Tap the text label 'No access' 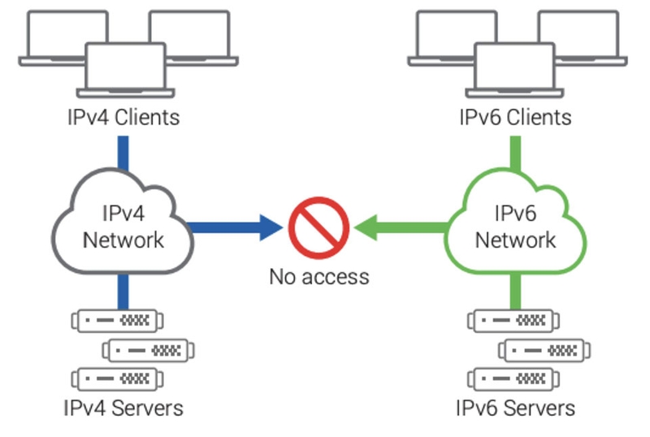(x=318, y=276)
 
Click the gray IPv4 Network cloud (x=123, y=227)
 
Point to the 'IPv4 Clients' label (x=123, y=117)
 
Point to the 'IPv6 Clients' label (x=515, y=117)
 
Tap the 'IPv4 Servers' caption (x=123, y=407)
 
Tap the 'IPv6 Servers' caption (x=515, y=407)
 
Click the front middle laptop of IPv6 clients (x=515, y=70)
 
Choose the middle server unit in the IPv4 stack (x=148, y=350)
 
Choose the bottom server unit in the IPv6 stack (x=513, y=379)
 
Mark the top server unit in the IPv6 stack (x=513, y=321)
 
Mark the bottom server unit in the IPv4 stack (x=117, y=379)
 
